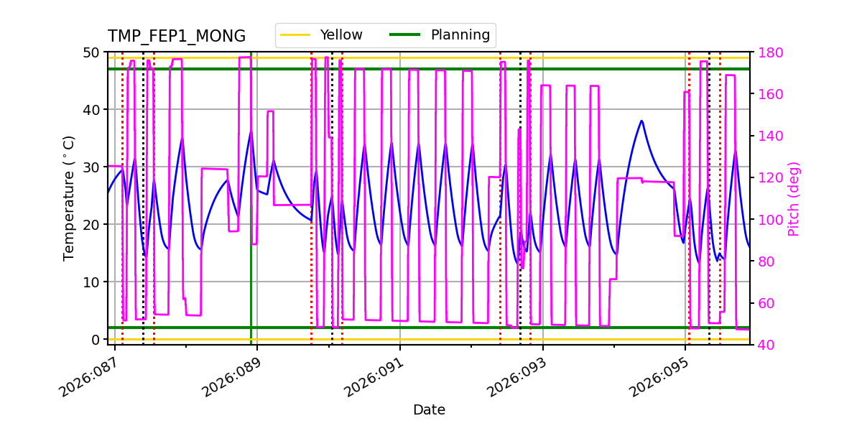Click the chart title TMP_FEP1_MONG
[x=177, y=37]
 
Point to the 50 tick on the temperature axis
[x=91, y=52]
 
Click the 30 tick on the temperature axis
[x=91, y=167]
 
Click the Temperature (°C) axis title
[x=69, y=198]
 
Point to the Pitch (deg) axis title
[x=794, y=198]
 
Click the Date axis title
[x=429, y=410]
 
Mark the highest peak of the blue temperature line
[x=641, y=121]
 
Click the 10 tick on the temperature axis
[x=91, y=282]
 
